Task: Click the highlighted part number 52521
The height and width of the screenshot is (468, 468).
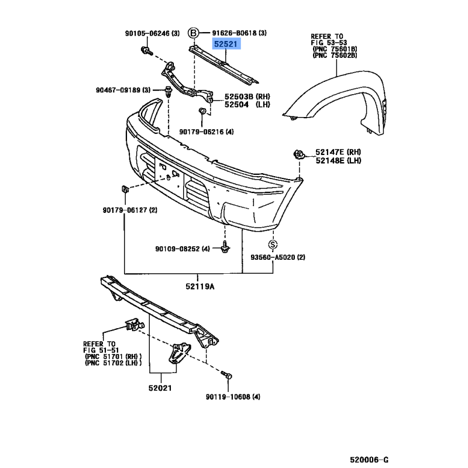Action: click(x=226, y=44)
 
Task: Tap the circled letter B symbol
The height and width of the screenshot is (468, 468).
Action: click(x=193, y=33)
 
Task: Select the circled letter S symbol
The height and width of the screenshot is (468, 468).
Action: click(x=273, y=245)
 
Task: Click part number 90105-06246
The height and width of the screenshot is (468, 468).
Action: click(x=147, y=33)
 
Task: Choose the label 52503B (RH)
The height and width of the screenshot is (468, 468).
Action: click(x=247, y=97)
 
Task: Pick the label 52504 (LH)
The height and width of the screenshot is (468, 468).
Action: click(x=247, y=105)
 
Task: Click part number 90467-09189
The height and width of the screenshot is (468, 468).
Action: click(x=118, y=90)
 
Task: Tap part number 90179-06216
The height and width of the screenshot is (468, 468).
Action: click(x=201, y=132)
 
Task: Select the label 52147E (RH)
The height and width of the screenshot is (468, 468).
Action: click(x=338, y=152)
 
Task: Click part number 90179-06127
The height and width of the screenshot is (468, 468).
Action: click(x=125, y=210)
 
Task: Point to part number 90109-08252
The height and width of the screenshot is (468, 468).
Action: click(x=177, y=249)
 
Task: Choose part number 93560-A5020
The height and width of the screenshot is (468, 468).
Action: click(x=273, y=257)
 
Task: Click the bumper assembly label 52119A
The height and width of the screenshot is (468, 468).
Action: click(x=200, y=287)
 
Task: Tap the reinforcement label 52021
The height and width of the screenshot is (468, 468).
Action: click(x=160, y=388)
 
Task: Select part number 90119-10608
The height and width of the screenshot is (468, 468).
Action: click(x=228, y=397)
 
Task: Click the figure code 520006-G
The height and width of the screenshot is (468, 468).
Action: click(x=369, y=460)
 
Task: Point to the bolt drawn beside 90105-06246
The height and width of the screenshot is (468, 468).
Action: click(x=146, y=51)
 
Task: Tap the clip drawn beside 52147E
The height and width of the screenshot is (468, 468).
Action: click(x=299, y=154)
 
